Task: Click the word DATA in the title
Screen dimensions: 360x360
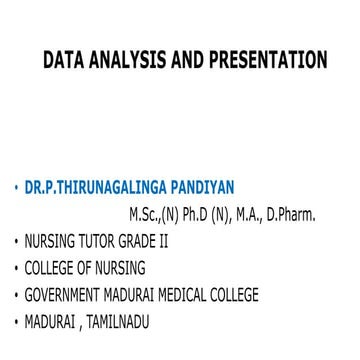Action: click(63, 61)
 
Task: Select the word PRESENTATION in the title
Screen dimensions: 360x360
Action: click(266, 61)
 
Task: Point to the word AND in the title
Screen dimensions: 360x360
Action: click(186, 61)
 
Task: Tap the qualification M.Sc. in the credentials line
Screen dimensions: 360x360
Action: click(148, 214)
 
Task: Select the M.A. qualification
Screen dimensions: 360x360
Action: click(251, 214)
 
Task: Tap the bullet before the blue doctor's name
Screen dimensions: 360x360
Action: click(16, 188)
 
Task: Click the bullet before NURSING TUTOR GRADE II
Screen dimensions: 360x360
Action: click(16, 242)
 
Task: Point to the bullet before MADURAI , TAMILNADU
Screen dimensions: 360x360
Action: click(16, 323)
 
